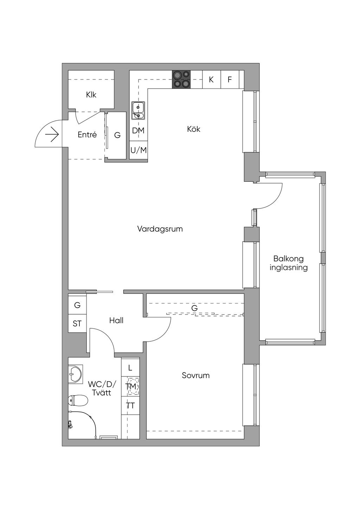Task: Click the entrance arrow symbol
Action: [52, 135]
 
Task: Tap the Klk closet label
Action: [91, 95]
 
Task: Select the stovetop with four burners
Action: [181, 79]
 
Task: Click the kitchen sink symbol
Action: [138, 110]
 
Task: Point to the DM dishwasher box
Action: [138, 131]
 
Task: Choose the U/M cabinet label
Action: [139, 150]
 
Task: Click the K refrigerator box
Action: [211, 79]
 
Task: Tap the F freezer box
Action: [230, 79]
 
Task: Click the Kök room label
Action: [194, 129]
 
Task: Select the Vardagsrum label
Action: [160, 229]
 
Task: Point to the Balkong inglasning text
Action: [289, 263]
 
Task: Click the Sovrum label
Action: [195, 375]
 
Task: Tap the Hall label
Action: [116, 321]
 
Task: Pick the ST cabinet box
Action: [77, 324]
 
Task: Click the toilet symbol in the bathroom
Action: [78, 400]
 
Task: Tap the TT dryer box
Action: [130, 406]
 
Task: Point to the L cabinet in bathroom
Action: [130, 368]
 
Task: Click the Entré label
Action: [87, 135]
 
